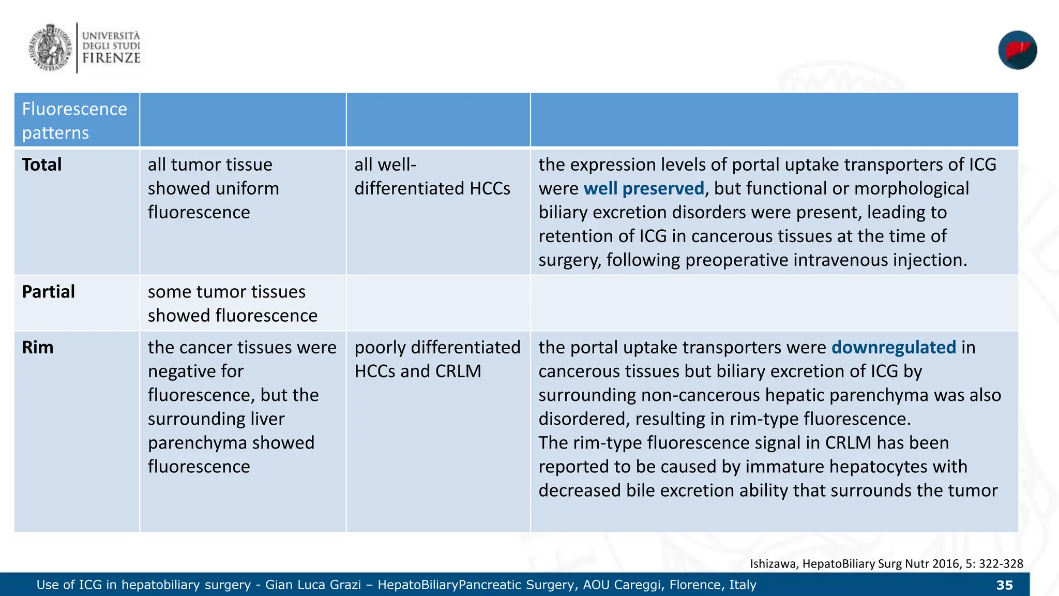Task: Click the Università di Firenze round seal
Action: pos(50,48)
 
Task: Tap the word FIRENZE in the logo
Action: pos(111,58)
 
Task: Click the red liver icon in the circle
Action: pos(1017,50)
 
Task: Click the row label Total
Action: pos(42,165)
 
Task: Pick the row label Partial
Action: pos(49,292)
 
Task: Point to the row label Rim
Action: pos(38,348)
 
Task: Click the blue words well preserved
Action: pos(644,188)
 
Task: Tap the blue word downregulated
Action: pos(894,348)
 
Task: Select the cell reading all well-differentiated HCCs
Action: pos(432,176)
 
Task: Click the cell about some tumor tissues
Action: pos(232,304)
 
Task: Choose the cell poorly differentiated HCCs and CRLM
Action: pos(437,359)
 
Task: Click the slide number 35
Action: pos(1004,585)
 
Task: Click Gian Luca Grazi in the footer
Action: pos(313,585)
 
